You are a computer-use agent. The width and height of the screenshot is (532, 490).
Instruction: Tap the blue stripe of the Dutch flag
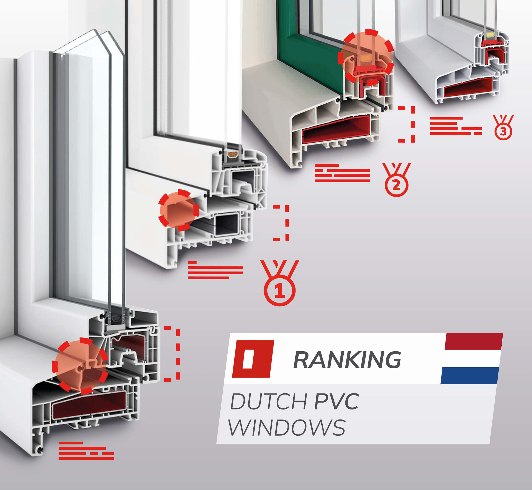point(470,375)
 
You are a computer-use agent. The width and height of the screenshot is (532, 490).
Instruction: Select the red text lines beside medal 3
point(455,126)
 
